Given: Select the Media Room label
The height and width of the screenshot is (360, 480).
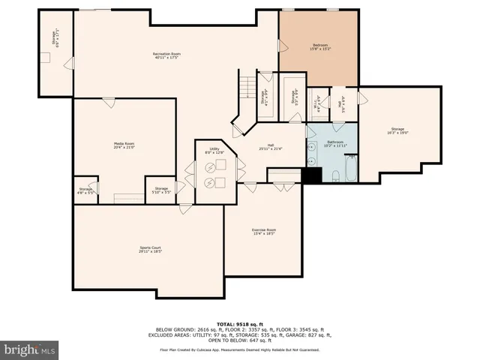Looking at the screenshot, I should click(124, 145).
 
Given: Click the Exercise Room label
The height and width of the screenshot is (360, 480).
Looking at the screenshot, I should click(263, 231).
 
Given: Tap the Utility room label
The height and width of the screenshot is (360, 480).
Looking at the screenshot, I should click(214, 151).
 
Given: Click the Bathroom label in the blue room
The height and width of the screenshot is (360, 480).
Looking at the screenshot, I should click(334, 143).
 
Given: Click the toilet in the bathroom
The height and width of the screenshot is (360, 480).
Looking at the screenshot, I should click(336, 175).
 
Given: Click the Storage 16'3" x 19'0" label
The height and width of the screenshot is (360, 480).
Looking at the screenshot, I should click(397, 131).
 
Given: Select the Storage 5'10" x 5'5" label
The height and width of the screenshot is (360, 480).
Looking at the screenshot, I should click(161, 190).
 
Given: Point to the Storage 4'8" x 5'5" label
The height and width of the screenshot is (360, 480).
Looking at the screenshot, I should click(85, 190).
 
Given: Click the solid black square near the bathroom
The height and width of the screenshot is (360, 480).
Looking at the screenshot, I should click(311, 174).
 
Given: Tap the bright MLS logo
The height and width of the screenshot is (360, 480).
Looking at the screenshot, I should click(30, 349).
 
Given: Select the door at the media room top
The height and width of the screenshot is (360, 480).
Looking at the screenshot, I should click(109, 100).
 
